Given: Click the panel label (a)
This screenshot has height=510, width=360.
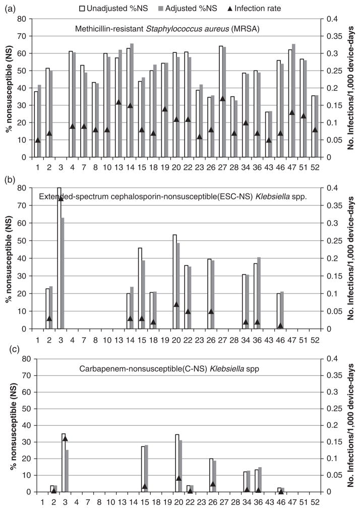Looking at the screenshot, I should (x=8, y=8).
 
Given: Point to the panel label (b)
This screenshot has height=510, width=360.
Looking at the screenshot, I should (x=8, y=178).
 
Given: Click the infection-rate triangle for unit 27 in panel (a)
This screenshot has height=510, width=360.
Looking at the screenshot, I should (x=222, y=98).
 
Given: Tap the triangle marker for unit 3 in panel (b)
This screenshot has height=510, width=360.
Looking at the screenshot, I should (x=61, y=199).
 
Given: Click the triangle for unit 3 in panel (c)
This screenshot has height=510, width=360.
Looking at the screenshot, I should (x=65, y=438).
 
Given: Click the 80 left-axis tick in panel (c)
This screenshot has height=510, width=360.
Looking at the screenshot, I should (x=22, y=359).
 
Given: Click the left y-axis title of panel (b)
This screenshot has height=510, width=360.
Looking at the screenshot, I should (x=9, y=258).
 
